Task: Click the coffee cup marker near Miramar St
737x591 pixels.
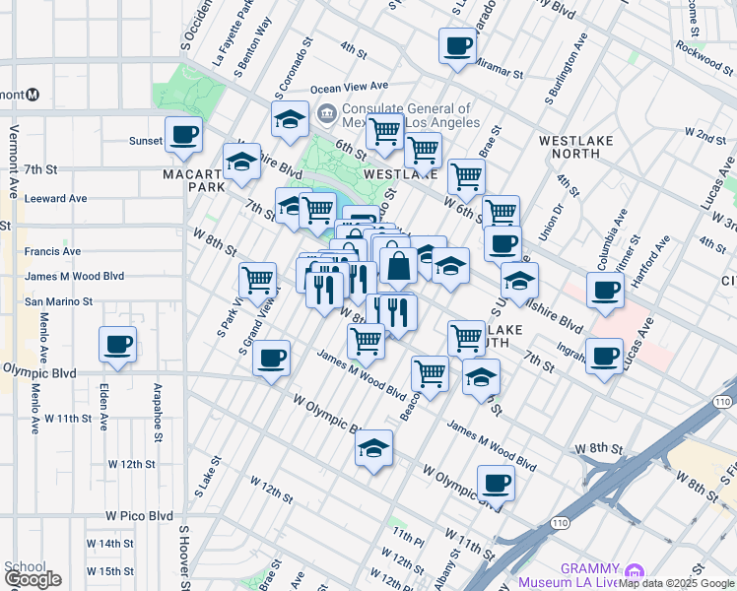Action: (x=457, y=45)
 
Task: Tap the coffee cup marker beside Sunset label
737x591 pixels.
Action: (x=183, y=135)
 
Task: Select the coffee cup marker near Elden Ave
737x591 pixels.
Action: (x=117, y=345)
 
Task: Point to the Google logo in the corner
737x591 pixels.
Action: (x=33, y=579)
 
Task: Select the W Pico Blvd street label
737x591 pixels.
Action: (x=139, y=515)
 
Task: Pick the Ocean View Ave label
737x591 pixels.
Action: (x=350, y=88)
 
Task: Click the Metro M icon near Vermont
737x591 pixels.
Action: (x=33, y=95)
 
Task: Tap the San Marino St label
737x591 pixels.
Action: (x=59, y=302)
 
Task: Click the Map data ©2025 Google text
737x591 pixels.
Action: (x=676, y=583)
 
